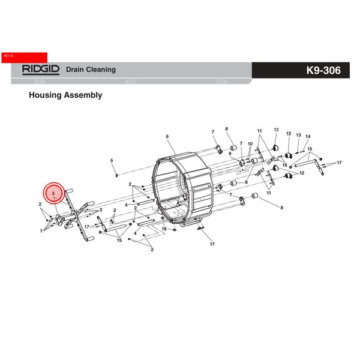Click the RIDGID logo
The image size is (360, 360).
point(41,70)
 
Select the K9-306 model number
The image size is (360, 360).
point(323,70)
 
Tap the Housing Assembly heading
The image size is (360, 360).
point(65,95)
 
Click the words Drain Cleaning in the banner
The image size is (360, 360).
point(91,70)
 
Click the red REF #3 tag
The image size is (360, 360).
point(25,58)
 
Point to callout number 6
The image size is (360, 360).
point(167,136)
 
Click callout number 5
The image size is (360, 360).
point(112,160)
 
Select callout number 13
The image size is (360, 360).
point(298,135)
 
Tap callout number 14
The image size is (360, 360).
point(308,136)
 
